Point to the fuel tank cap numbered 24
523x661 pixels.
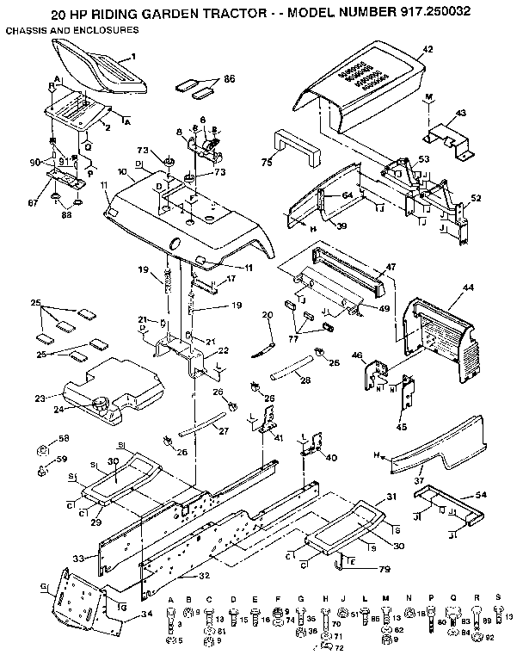(99, 402)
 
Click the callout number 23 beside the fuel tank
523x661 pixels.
(40, 398)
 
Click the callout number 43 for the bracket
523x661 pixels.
(460, 113)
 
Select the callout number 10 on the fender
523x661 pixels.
(123, 172)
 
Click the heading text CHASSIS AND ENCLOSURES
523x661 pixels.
(72, 31)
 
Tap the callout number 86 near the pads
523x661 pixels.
(229, 78)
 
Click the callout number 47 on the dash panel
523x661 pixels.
(391, 268)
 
